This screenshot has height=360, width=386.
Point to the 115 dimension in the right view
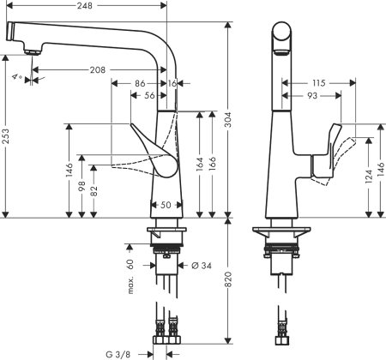click(x=318, y=83)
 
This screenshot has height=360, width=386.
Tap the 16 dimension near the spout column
click(x=173, y=84)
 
